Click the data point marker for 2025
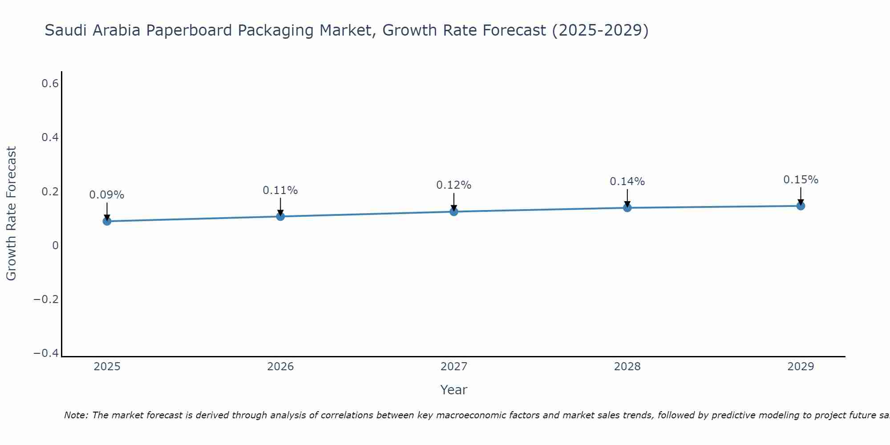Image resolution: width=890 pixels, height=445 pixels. tap(107, 221)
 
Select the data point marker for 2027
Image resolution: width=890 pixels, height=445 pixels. tap(453, 211)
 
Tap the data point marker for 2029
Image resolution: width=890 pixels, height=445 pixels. tap(801, 206)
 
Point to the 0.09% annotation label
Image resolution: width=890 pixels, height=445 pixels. tap(107, 195)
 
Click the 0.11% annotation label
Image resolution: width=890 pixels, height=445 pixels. tap(280, 190)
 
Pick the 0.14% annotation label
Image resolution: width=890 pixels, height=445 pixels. tap(627, 182)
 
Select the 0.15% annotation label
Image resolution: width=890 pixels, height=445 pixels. tap(801, 180)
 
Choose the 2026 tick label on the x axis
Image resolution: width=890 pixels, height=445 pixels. tap(280, 367)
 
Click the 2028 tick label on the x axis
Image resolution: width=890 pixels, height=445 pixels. tap(627, 367)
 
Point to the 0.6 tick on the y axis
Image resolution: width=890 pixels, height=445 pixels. tap(50, 83)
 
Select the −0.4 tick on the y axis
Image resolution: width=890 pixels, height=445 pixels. tap(46, 353)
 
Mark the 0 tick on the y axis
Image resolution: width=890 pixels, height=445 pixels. tap(55, 245)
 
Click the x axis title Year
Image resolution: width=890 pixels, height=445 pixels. tap(453, 390)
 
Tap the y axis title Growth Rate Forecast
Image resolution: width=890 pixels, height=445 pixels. tap(11, 213)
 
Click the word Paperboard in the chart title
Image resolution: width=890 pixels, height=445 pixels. tap(189, 30)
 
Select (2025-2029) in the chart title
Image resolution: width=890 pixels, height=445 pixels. tap(600, 30)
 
